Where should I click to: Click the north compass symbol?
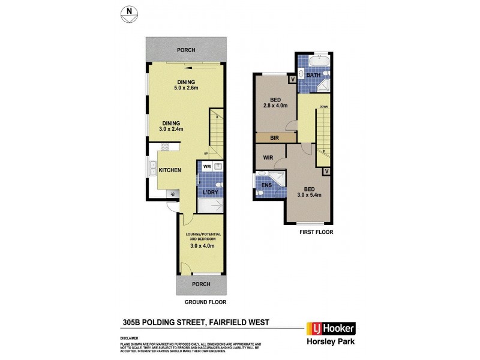click(128, 14)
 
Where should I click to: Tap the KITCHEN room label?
click(170, 170)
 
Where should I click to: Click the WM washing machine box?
click(206, 166)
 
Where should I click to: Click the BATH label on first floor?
click(313, 76)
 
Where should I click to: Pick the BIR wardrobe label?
click(275, 138)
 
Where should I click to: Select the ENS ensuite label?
click(266, 185)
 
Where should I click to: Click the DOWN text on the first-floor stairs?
click(323, 107)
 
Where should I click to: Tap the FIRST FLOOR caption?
click(316, 232)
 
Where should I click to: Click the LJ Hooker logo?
click(331, 328)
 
